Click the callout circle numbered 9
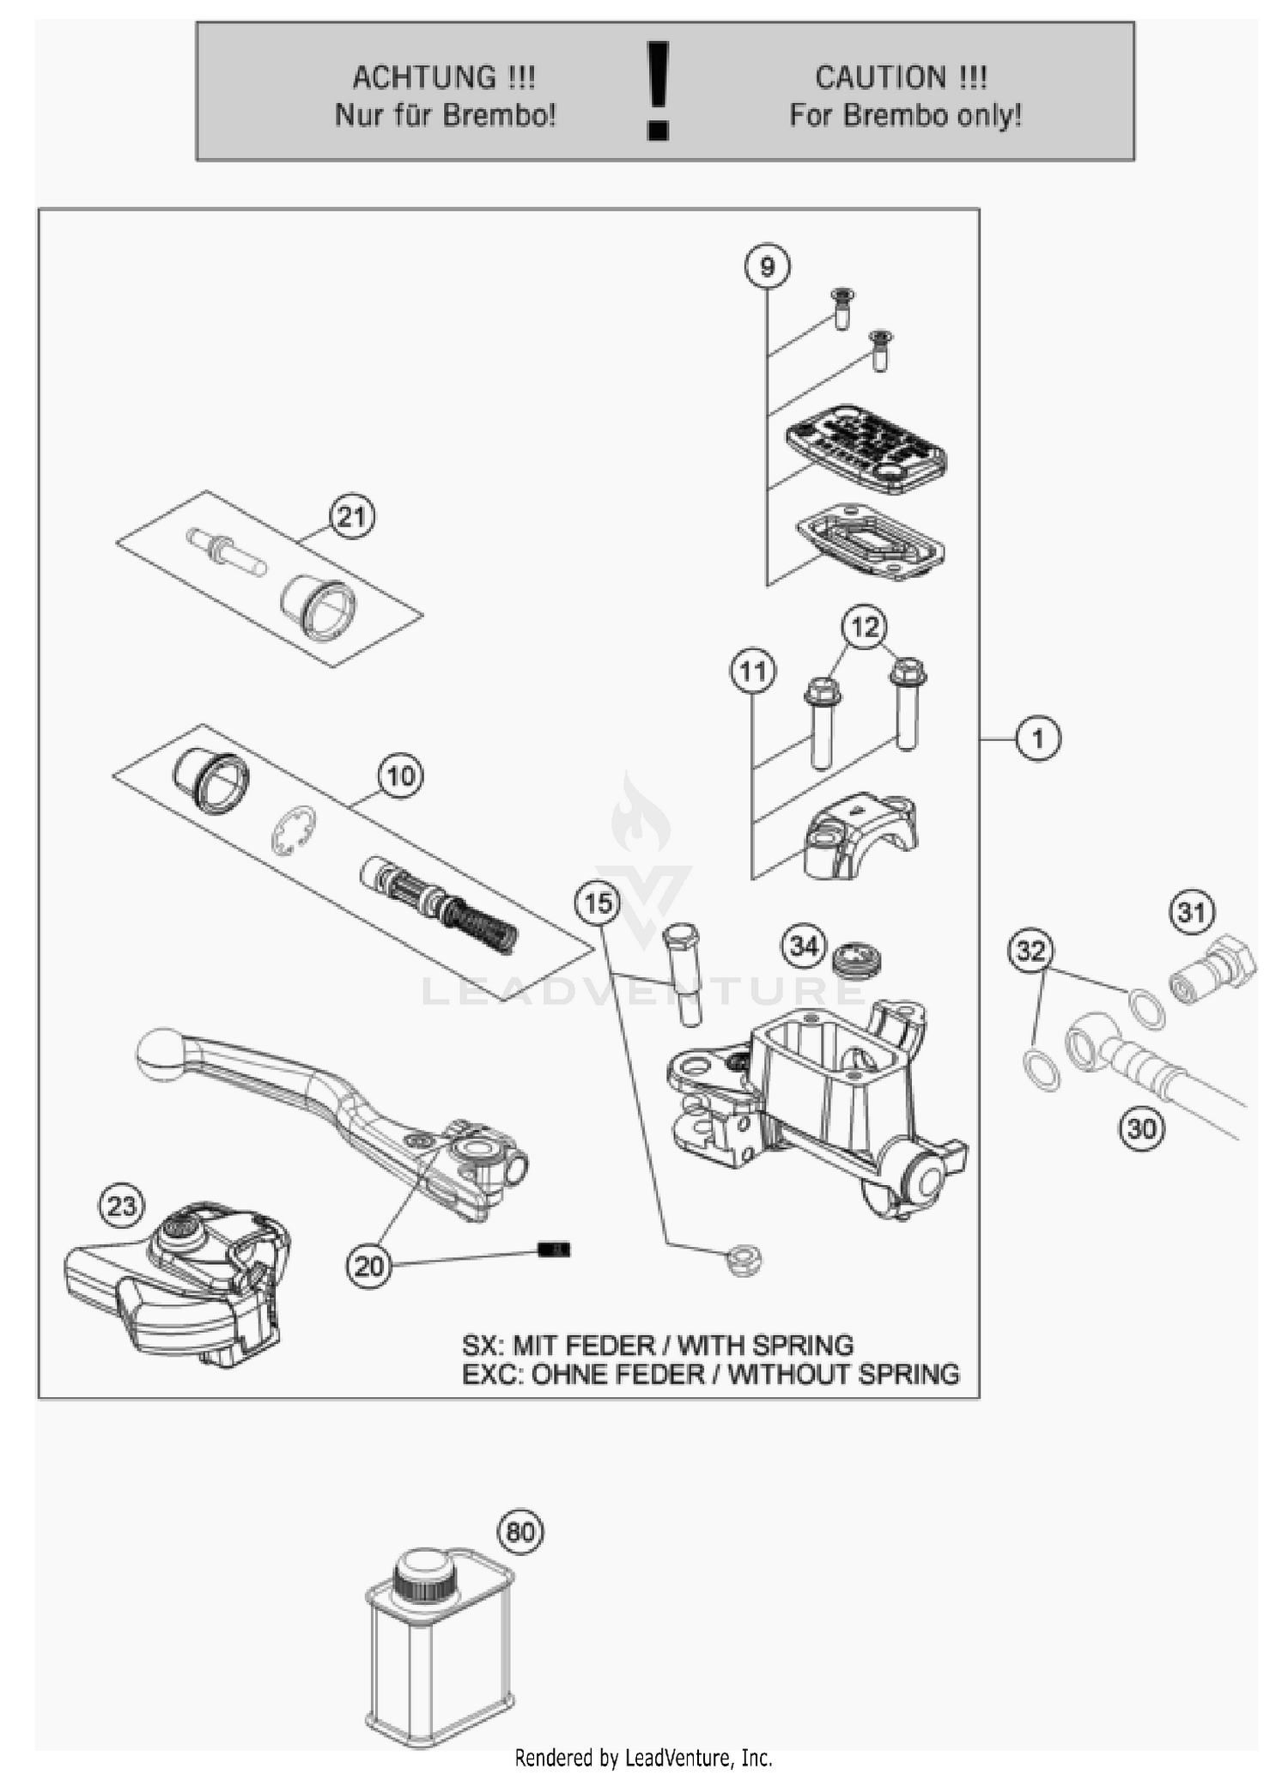(x=766, y=266)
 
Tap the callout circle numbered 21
(x=352, y=517)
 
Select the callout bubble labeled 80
(x=521, y=1532)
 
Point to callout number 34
(x=804, y=946)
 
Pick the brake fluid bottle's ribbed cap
(x=422, y=1575)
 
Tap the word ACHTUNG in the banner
(x=424, y=78)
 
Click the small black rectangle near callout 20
(x=554, y=1249)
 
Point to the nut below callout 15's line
(x=744, y=1261)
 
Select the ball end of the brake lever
(x=160, y=1054)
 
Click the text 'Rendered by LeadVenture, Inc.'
(x=643, y=1758)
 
